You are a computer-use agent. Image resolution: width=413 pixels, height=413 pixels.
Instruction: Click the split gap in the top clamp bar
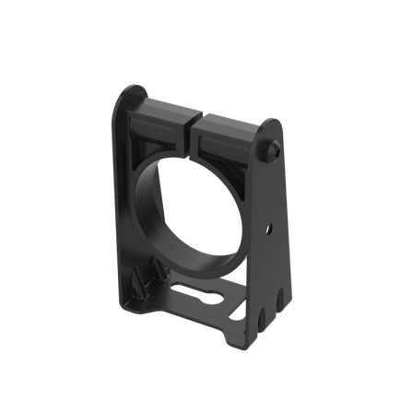point(196,122)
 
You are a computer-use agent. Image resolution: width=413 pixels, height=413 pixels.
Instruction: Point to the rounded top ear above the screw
point(274,126)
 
